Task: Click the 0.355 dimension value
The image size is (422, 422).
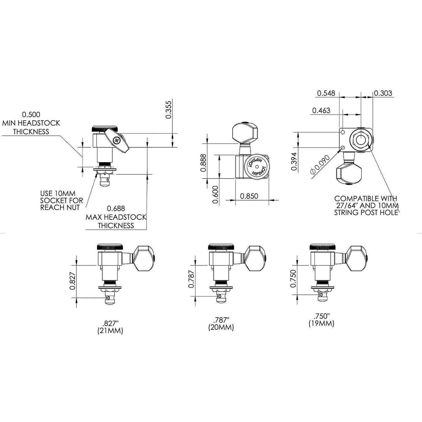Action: click(x=168, y=110)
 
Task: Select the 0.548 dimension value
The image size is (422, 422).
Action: click(x=326, y=93)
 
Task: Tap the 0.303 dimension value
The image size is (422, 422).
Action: click(x=383, y=93)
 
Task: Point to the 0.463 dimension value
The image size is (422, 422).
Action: click(x=321, y=110)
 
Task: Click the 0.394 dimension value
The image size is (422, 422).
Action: click(x=294, y=161)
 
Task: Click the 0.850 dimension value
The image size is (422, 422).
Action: click(x=249, y=196)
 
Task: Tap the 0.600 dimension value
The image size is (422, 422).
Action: click(x=216, y=194)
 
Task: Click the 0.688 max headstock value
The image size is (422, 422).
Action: click(x=116, y=208)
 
